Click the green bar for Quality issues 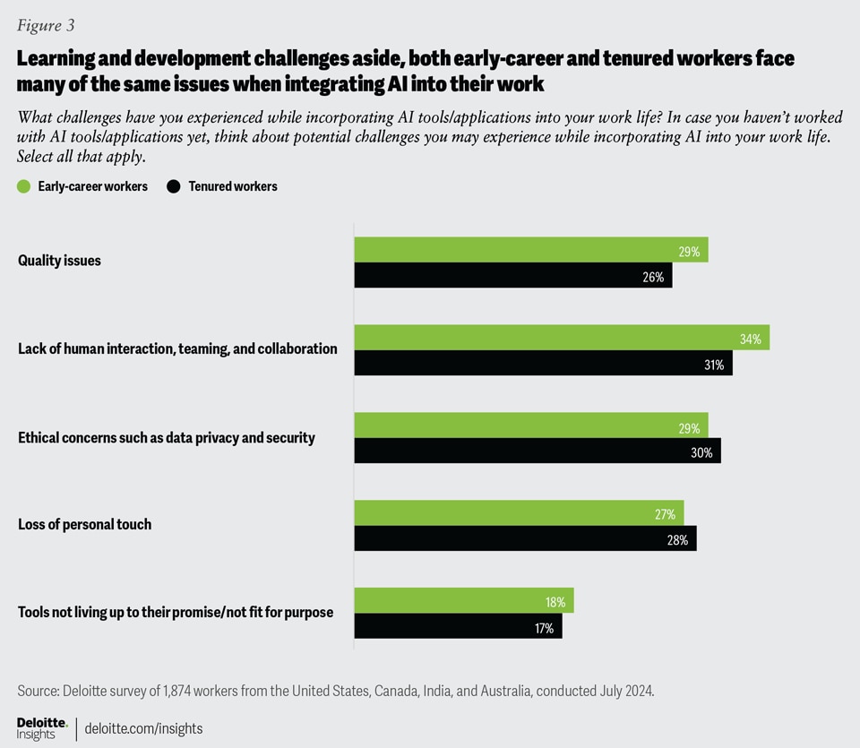(530, 250)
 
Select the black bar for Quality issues (512, 276)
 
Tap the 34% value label (750, 339)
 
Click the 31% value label (713, 364)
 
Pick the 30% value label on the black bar (701, 451)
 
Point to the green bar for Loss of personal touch (519, 513)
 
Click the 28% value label (677, 539)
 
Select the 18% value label (555, 601)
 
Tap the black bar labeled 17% (458, 626)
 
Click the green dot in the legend (24, 187)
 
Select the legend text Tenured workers (233, 187)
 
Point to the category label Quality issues (59, 261)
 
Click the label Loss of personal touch (84, 524)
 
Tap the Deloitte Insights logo (42, 727)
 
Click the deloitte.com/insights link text (143, 728)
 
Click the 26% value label (653, 277)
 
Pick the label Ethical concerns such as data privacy (167, 438)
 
